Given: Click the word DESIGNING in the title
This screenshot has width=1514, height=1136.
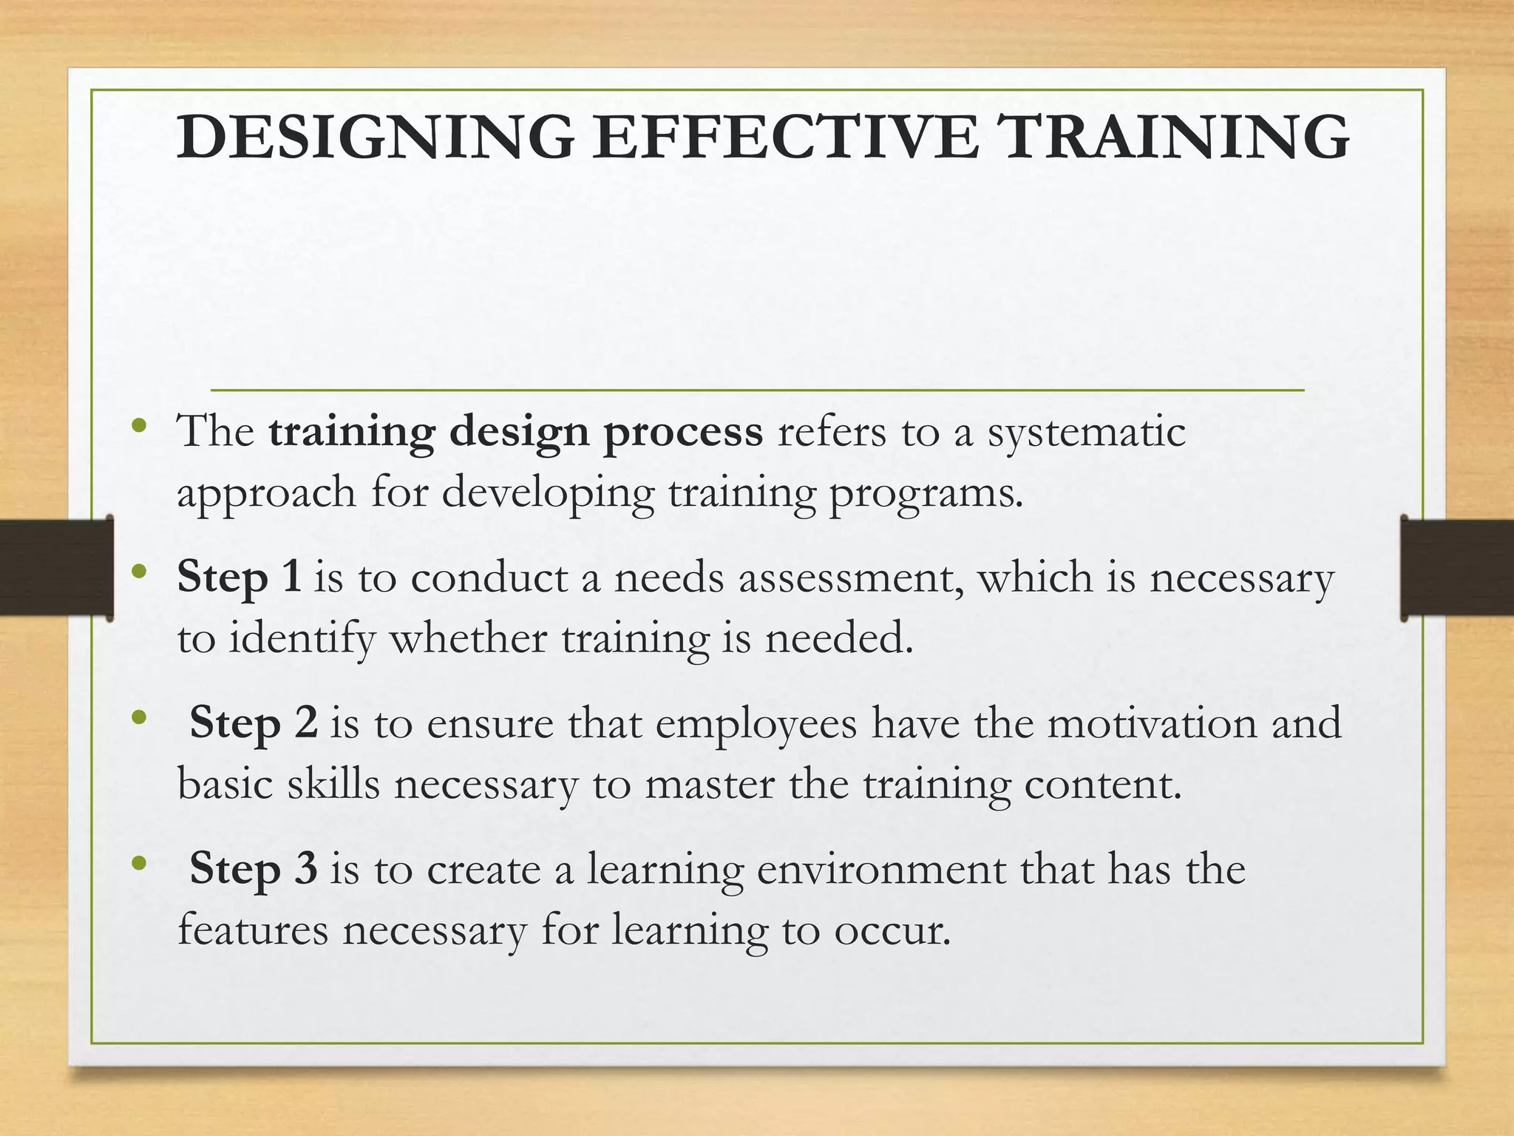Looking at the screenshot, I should tap(375, 137).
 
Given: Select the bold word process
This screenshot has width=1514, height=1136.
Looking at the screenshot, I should tap(683, 432).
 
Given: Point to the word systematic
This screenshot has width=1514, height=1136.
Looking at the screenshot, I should tap(1087, 432).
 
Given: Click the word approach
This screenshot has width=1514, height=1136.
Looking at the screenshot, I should tap(266, 494).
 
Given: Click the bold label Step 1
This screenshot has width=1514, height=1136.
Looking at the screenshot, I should tap(240, 578).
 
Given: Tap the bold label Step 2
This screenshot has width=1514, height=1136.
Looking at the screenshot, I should tap(254, 723).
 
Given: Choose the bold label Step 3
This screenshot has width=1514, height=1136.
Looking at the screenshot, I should tap(254, 869).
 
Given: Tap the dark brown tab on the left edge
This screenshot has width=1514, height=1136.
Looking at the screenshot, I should tap(56, 568).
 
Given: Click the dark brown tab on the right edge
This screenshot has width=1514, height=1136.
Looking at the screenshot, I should tap(1456, 568).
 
